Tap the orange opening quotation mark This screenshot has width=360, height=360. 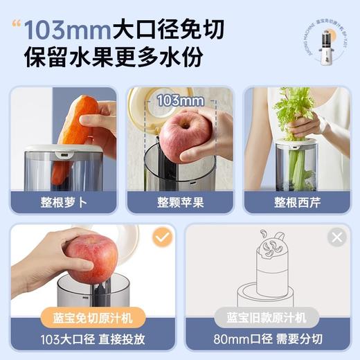pos(15,26)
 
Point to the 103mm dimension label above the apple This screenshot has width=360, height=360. pos(180,101)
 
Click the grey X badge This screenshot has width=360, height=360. pos(337,238)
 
